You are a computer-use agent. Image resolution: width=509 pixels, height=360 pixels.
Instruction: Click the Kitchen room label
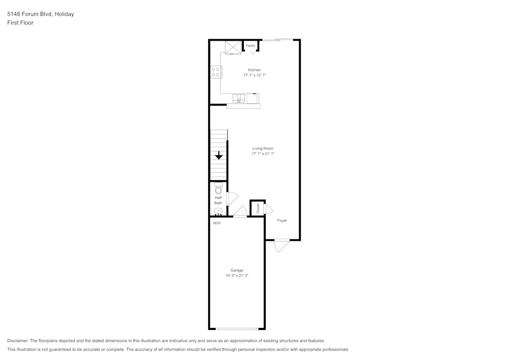(254, 70)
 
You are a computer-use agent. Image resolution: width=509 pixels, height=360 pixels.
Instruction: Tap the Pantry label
(250, 46)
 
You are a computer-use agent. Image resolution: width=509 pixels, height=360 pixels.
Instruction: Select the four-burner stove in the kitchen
(216, 72)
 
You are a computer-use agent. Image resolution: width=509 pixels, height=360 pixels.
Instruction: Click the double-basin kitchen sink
(239, 98)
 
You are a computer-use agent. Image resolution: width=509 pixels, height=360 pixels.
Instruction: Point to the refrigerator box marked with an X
(233, 47)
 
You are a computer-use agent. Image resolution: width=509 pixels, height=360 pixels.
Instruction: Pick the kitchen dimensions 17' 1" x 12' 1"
(254, 75)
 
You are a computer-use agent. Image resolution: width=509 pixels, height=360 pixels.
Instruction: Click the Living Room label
(263, 148)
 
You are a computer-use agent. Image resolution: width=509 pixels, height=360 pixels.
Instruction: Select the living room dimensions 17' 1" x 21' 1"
(263, 154)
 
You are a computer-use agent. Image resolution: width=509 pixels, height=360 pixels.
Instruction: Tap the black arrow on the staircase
(218, 156)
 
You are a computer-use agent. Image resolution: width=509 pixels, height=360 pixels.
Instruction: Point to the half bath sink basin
(218, 211)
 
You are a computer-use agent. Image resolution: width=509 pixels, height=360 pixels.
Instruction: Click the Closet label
(258, 208)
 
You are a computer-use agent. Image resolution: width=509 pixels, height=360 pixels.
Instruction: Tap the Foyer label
(282, 220)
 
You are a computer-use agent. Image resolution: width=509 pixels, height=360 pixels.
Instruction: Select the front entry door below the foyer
(281, 245)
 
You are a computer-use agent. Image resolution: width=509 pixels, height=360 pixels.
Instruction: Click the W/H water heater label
(217, 223)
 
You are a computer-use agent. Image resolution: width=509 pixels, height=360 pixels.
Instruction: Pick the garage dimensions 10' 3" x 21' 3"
(237, 276)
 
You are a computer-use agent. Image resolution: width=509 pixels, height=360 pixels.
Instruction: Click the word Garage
(237, 270)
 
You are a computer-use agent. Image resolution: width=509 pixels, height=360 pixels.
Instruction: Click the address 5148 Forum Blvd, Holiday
(40, 14)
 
